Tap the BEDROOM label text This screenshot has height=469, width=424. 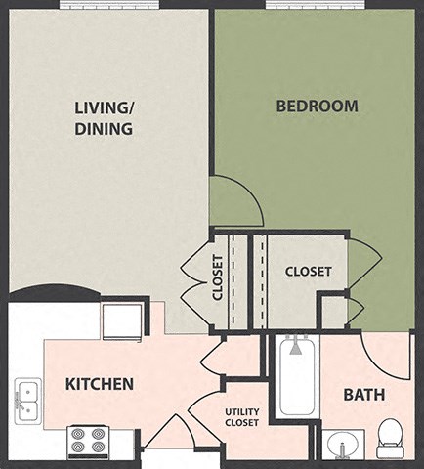[x=317, y=106]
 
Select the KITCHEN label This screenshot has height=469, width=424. [x=99, y=384]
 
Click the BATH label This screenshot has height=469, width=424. [x=364, y=395]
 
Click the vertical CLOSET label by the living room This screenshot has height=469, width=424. [x=217, y=277]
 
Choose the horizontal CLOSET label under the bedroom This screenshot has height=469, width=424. [x=307, y=272]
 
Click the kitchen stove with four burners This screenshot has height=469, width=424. [x=87, y=442]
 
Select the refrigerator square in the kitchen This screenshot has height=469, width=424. [x=122, y=320]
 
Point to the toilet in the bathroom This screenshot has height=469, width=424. [x=391, y=438]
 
